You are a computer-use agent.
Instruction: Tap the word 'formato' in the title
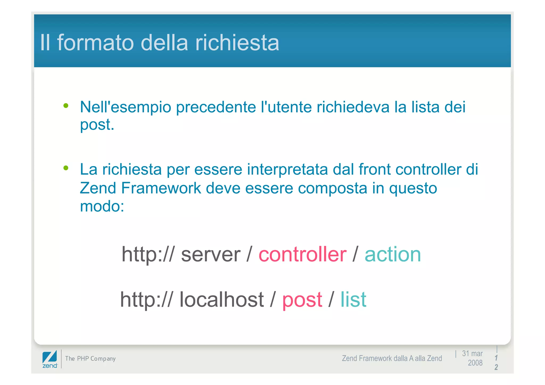click(x=96, y=43)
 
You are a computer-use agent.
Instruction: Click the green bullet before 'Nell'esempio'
click(x=66, y=106)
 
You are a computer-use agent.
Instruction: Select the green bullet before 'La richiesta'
click(x=66, y=168)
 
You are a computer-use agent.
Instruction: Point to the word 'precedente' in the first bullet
click(x=216, y=107)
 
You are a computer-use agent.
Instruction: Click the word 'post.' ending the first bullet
click(x=97, y=125)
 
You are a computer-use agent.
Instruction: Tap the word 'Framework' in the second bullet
click(x=161, y=188)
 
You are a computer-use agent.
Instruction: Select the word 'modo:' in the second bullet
click(x=102, y=206)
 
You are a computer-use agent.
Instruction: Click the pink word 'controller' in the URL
click(x=302, y=254)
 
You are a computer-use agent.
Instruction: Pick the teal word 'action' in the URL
click(x=393, y=254)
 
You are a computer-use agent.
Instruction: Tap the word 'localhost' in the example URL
click(x=221, y=300)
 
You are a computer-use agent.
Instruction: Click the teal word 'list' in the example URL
click(x=353, y=300)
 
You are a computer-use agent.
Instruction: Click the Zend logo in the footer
click(x=50, y=359)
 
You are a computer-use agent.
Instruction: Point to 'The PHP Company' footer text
click(x=90, y=359)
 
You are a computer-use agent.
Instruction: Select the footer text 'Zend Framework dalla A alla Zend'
click(x=392, y=359)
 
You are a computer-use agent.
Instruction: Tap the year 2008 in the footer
click(x=475, y=363)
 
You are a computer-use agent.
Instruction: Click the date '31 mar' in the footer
click(x=472, y=354)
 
